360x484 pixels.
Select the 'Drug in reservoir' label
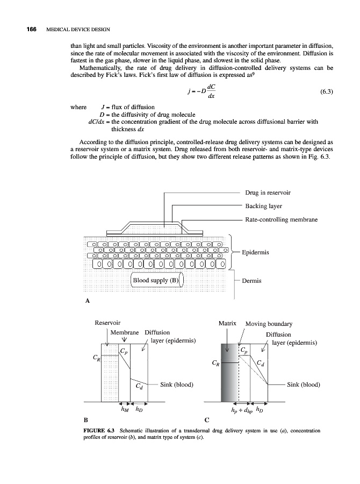pyautogui.click(x=268, y=193)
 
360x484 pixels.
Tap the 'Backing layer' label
pyautogui.click(x=264, y=206)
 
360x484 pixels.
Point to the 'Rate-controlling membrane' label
pyautogui.click(x=282, y=220)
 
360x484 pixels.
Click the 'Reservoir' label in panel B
pyautogui.click(x=107, y=323)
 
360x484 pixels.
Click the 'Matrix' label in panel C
pyautogui.click(x=228, y=324)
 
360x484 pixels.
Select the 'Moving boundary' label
pyautogui.click(x=269, y=324)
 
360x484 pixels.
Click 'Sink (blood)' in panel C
pyautogui.click(x=304, y=385)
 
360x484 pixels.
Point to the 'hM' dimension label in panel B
pyautogui.click(x=123, y=409)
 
